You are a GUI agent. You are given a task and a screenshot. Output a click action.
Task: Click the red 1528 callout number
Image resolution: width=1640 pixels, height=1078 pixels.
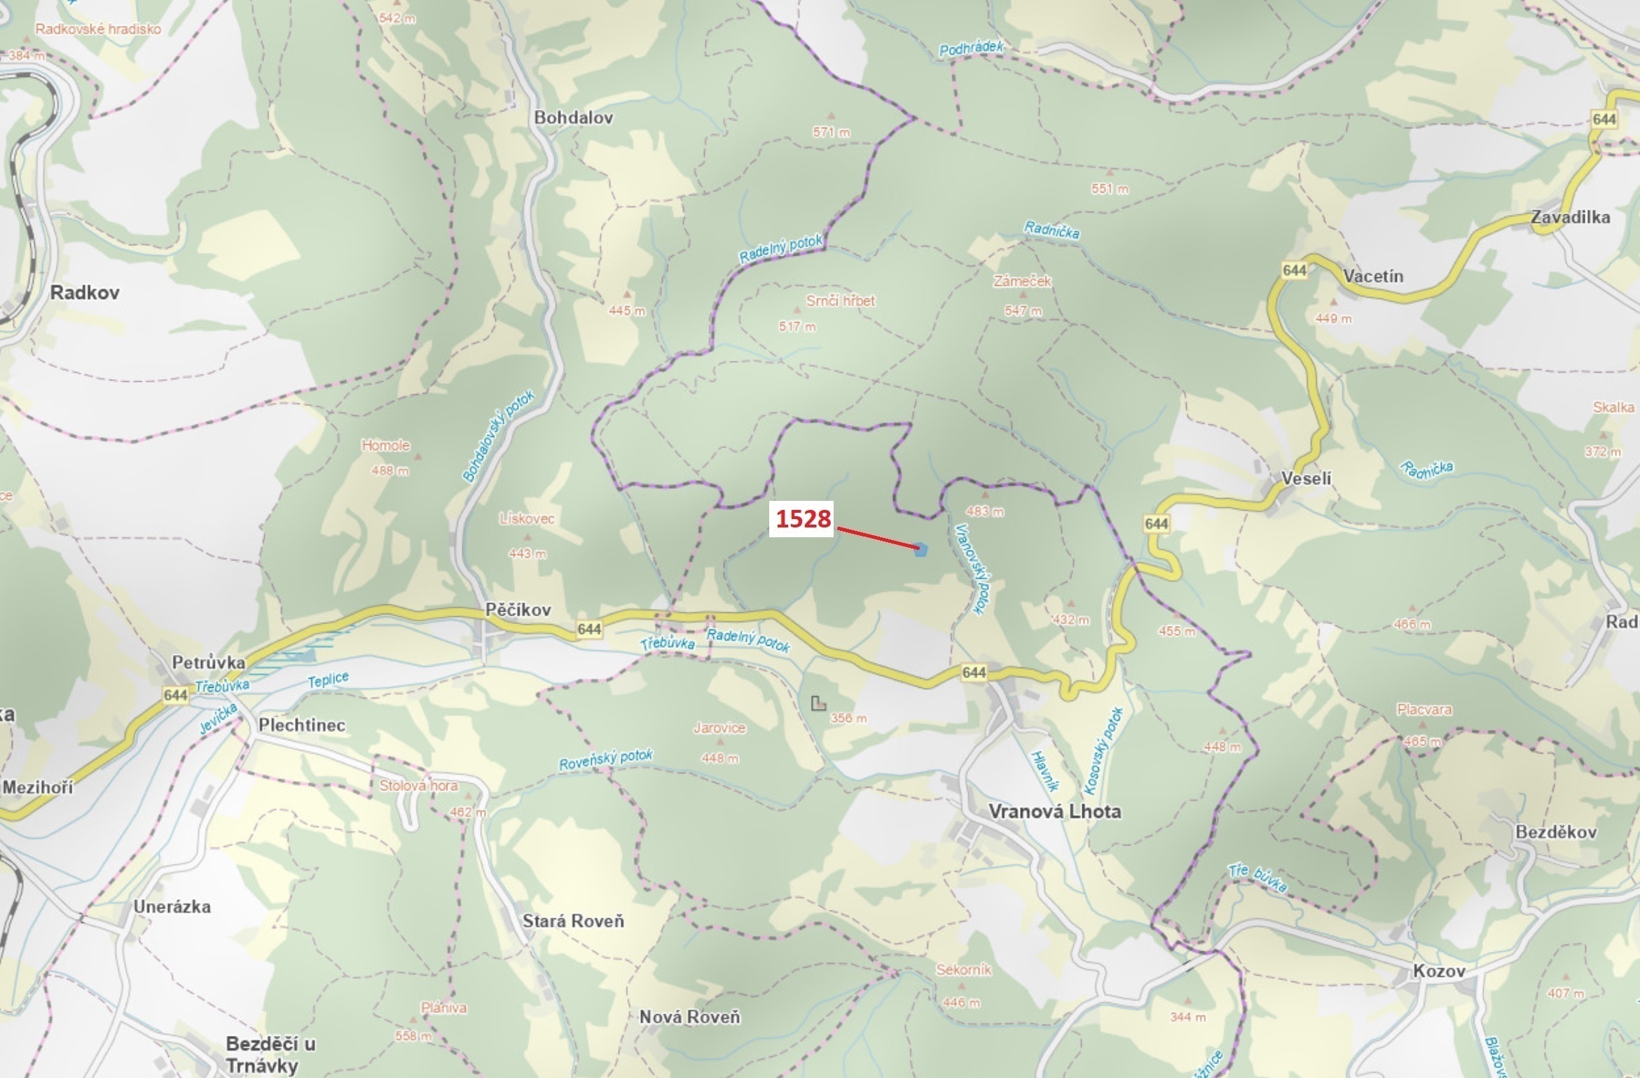pos(802,518)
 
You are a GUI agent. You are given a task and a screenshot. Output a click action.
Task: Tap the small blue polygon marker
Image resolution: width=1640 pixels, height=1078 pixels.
pos(921,550)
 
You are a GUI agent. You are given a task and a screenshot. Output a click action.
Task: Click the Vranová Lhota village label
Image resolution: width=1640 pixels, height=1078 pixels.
pos(1054,812)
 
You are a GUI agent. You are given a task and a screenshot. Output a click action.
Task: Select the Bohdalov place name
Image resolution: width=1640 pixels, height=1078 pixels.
pos(573,118)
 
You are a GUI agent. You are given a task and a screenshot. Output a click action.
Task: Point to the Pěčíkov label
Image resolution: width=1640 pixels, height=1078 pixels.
pos(518,610)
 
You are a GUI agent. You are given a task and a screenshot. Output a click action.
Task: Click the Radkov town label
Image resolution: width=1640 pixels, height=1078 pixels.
pos(85,293)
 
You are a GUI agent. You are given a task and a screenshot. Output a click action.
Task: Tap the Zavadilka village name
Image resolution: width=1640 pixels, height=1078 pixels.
pos(1570,217)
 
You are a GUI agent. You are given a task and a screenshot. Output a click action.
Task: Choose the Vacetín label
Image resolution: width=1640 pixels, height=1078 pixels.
pos(1373,277)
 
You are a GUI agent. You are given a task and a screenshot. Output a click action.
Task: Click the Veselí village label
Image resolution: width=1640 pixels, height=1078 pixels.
pos(1306,479)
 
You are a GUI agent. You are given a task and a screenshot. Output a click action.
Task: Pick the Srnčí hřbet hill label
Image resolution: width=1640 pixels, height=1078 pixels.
pos(840,301)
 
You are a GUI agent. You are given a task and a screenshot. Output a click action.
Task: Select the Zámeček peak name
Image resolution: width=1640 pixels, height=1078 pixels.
pos(1022,282)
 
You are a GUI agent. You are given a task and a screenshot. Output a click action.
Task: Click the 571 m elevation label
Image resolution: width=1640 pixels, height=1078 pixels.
pos(832,132)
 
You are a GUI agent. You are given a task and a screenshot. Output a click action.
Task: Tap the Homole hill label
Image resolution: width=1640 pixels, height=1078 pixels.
pos(385,445)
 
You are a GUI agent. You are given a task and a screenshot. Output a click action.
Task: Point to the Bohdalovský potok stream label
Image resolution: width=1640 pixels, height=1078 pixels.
pos(498,436)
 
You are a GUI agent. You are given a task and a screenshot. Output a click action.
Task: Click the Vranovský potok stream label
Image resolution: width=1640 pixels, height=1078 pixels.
pos(974,569)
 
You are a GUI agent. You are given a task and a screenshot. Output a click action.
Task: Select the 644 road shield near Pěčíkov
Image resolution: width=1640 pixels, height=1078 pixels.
pos(589,629)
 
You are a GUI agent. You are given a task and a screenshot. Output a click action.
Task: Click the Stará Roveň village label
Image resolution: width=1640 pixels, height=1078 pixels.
pos(573,921)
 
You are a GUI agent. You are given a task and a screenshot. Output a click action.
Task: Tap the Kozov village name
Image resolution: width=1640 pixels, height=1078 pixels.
pos(1439,972)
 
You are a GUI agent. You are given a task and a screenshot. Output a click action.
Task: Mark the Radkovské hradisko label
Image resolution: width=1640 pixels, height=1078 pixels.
pos(98,29)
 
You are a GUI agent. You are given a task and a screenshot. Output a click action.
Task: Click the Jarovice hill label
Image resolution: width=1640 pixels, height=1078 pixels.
pos(719,728)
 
